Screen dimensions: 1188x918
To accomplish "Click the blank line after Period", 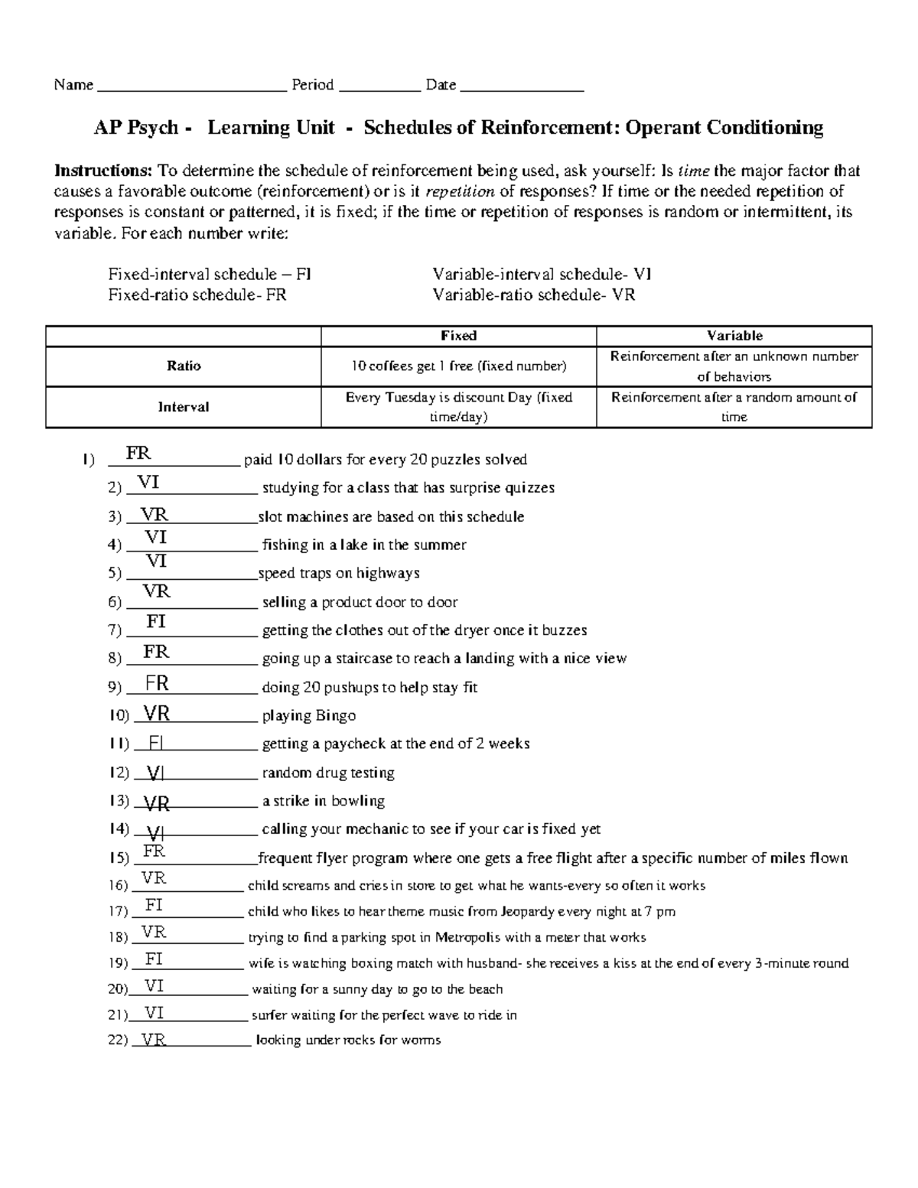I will point(379,86).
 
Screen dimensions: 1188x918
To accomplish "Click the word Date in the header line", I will point(441,85).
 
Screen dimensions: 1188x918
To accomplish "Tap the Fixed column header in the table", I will point(458,336).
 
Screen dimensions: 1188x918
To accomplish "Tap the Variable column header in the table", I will point(734,336).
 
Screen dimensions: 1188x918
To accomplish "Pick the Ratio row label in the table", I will point(184,366).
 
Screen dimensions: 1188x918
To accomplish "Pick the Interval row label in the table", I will point(184,407).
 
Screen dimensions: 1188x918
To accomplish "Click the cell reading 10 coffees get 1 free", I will point(458,366).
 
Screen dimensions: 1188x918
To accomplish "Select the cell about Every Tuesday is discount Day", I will point(458,407).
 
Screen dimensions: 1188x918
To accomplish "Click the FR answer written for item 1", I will point(138,454).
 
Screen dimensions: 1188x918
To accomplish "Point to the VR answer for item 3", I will point(154,515).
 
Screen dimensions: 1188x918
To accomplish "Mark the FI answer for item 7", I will point(156,622).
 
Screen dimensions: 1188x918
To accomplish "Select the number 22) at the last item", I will point(118,1040).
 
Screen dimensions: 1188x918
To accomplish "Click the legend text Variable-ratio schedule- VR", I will point(533,295).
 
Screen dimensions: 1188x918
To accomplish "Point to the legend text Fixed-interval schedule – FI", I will point(210,275).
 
